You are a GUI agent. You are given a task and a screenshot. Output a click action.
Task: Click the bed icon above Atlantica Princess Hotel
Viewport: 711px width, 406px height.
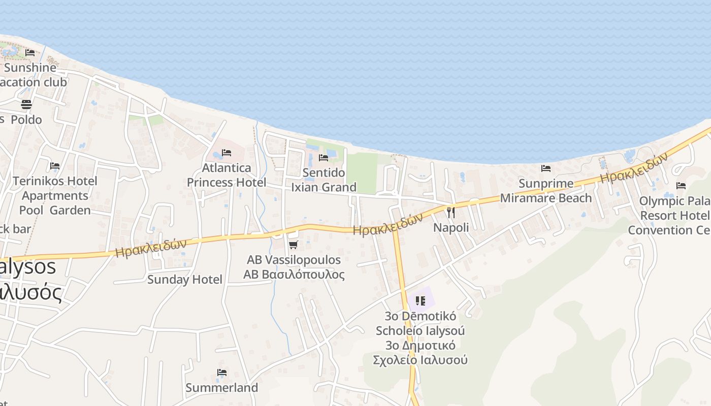tap(227, 153)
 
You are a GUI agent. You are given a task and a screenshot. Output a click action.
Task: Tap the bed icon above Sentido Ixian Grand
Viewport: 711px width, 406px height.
tap(324, 158)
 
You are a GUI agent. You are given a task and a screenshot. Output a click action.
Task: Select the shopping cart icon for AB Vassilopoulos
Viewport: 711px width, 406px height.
tap(293, 245)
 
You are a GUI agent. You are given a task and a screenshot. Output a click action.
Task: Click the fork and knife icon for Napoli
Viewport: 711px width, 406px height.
tap(451, 212)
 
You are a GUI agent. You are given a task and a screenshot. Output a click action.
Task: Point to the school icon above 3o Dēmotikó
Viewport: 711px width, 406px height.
tap(420, 301)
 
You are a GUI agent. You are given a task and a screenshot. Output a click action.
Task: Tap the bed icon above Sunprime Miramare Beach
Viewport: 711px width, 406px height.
tap(546, 168)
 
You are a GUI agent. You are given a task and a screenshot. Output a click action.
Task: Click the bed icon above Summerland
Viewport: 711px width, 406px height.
tap(221, 373)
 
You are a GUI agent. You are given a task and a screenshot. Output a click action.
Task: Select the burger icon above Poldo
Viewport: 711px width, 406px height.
tap(26, 105)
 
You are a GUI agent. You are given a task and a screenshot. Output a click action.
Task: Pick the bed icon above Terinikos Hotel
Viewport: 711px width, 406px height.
tap(55, 166)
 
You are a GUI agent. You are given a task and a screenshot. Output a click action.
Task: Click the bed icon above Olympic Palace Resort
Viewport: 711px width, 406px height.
tap(681, 186)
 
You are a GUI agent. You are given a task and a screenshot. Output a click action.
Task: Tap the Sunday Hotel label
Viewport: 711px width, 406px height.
tap(184, 279)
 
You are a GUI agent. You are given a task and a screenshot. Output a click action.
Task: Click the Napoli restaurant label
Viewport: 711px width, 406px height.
tap(451, 227)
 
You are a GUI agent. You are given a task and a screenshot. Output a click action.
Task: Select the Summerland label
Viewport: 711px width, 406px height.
tap(221, 388)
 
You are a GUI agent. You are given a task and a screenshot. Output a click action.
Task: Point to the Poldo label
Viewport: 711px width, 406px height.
tap(26, 120)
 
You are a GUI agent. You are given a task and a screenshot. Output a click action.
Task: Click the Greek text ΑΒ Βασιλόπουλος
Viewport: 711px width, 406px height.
tap(294, 275)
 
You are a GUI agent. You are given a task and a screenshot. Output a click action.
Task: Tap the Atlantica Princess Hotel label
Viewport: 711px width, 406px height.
tap(227, 175)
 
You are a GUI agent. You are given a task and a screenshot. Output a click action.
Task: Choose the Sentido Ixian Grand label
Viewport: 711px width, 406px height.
tap(324, 180)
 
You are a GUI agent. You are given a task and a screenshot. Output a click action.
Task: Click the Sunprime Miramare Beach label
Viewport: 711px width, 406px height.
tap(546, 191)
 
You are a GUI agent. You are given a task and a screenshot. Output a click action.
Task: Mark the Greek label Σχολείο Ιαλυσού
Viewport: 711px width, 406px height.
tap(420, 360)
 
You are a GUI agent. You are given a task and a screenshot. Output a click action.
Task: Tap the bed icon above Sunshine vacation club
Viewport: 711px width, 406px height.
tap(30, 52)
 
